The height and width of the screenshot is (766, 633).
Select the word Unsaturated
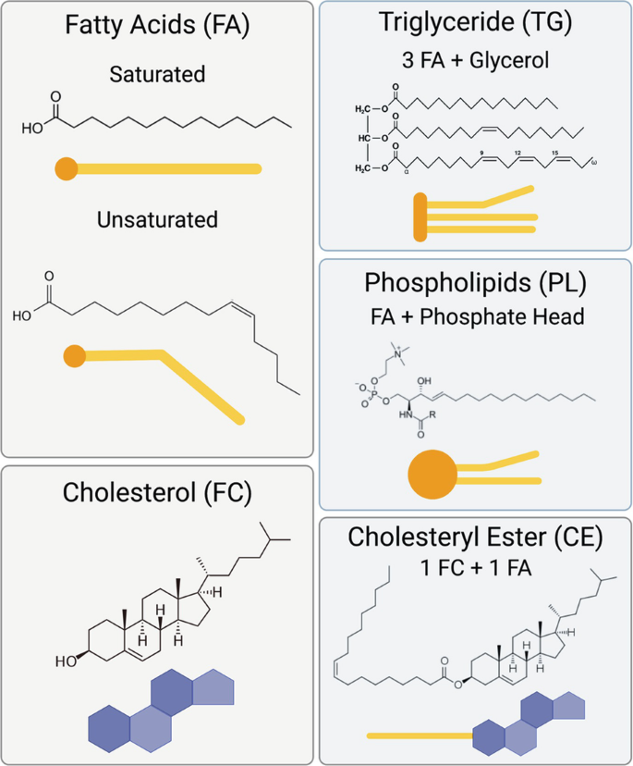156,220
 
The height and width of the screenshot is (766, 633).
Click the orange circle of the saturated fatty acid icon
65,168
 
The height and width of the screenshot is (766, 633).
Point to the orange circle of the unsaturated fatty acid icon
74,355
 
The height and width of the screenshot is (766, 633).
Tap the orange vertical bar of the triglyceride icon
420,213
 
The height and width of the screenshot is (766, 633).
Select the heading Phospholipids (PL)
475,282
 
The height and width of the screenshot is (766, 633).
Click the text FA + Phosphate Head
475,316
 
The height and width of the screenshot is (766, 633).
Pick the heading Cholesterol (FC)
156,492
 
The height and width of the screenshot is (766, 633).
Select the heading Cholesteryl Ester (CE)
475,537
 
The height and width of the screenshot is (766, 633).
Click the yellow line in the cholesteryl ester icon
420,736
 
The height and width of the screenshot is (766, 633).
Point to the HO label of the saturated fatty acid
31,129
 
